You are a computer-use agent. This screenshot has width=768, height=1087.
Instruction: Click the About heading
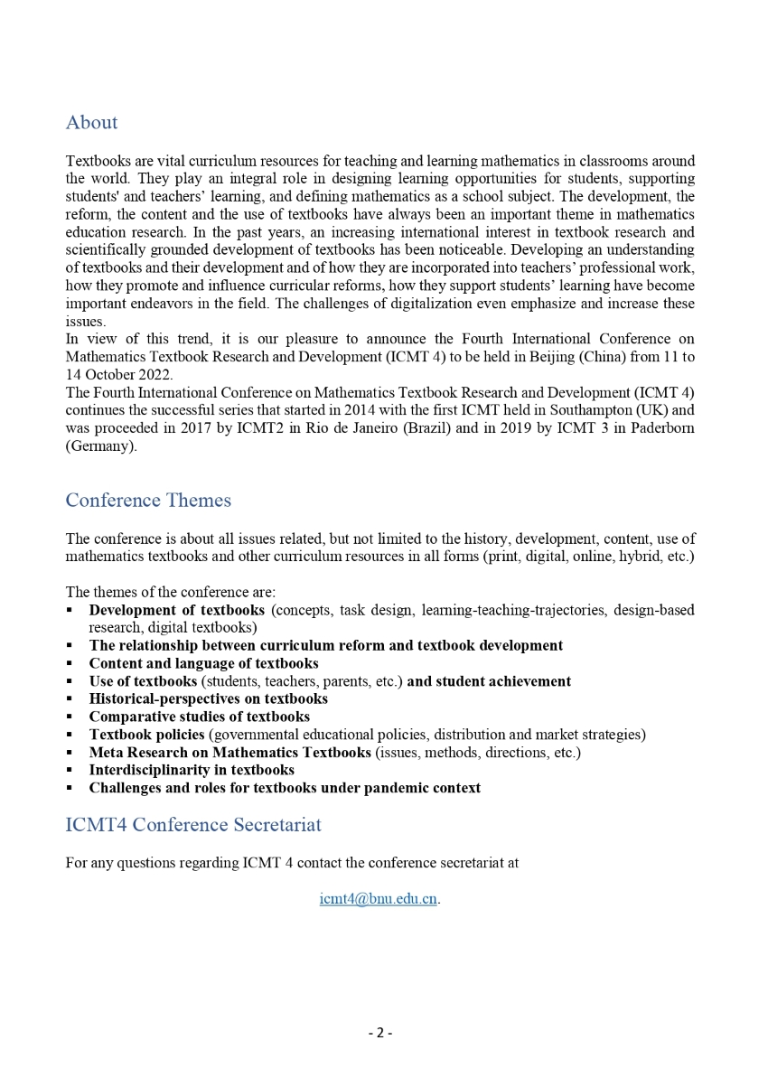click(91, 123)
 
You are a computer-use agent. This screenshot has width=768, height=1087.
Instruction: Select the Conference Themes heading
click(148, 501)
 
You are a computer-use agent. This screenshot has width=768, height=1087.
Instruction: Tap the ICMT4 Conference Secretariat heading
click(193, 825)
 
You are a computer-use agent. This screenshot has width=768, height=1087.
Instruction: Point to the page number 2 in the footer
click(379, 1033)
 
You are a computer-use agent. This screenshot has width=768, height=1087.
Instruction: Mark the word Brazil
click(390, 427)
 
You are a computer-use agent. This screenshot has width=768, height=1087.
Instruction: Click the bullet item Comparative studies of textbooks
click(199, 717)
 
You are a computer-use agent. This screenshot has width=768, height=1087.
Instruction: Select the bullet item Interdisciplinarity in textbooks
click(192, 770)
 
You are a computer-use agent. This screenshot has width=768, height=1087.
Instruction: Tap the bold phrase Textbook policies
click(146, 735)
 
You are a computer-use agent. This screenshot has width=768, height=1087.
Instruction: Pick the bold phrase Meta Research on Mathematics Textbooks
click(229, 752)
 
